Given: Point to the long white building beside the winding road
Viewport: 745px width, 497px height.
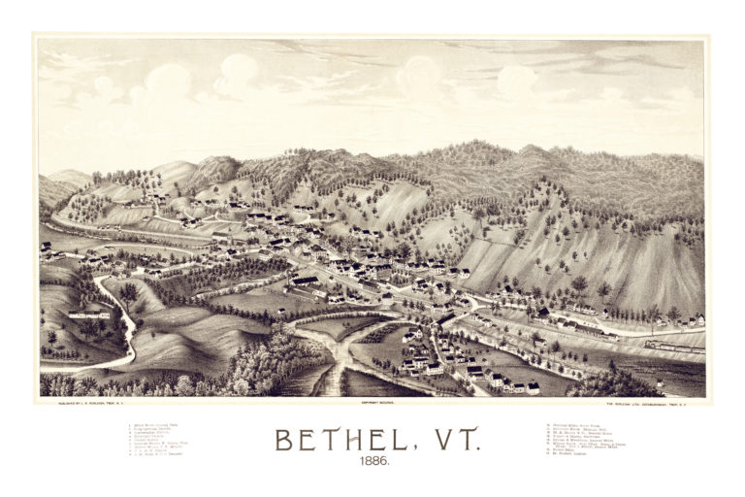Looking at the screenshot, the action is click(88, 314).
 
